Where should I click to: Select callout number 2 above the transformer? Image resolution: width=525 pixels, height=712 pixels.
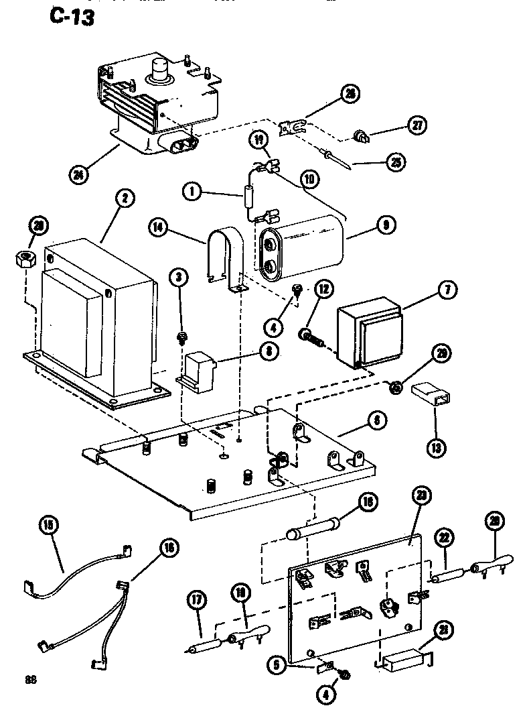[125, 198]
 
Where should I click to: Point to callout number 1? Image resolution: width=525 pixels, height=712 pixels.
[192, 192]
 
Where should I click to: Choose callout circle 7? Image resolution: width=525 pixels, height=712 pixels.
[447, 290]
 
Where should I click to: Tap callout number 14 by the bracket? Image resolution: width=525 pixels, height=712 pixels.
[157, 227]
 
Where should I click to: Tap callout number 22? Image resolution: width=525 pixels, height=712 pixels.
[443, 536]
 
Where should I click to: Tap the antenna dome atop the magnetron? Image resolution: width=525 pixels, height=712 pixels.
[159, 70]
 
